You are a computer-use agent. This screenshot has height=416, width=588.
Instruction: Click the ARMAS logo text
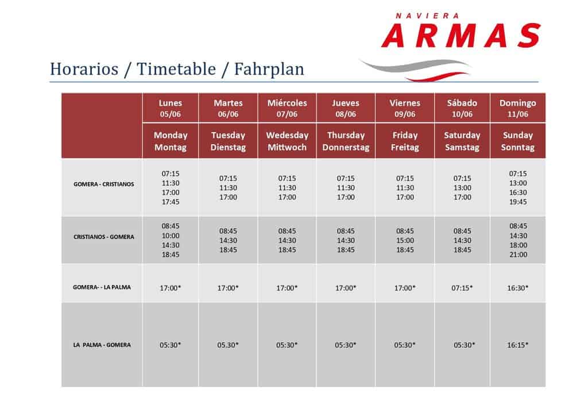coord(461,36)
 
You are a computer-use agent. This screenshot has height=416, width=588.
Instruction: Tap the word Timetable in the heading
coord(176,69)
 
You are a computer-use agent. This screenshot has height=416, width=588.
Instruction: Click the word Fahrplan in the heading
coord(269,70)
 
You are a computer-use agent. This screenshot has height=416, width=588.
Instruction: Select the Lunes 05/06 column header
coord(170,108)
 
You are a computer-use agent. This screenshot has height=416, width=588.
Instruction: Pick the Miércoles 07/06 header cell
coord(287,108)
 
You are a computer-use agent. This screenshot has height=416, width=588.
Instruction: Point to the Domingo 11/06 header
coord(517,108)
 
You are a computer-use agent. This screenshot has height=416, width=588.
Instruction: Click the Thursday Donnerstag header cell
coord(346,141)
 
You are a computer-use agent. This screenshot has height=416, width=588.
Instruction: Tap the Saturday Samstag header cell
coord(462,141)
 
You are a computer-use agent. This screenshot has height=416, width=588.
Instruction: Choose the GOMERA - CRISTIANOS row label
coord(103,184)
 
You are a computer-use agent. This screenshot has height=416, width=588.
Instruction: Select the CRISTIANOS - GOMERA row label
coord(103,237)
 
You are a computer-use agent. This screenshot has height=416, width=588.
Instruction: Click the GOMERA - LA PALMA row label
coord(102,287)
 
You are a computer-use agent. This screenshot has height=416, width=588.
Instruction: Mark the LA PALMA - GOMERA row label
coord(102,345)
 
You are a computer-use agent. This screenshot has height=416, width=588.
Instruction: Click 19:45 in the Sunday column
coord(518,202)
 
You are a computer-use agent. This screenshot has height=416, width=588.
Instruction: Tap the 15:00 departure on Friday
coord(405,240)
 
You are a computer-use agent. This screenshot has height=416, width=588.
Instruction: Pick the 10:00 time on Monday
coord(170,236)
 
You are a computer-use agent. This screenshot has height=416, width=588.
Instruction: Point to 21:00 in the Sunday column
coord(519,255)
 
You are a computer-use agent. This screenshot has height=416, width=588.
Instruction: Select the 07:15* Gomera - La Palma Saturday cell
coord(462,288)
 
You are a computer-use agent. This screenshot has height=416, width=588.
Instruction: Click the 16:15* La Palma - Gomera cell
coord(517,345)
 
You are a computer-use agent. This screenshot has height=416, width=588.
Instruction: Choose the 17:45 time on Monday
coord(170,202)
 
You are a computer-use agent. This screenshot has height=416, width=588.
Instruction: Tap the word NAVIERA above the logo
coord(427,16)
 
